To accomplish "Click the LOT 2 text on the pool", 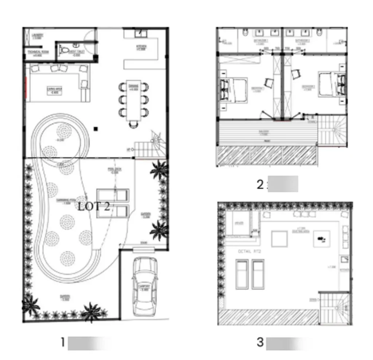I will [94, 206].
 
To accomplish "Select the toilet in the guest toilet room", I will [64, 50].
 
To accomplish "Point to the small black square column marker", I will [95, 128].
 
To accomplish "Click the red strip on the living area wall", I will [25, 87].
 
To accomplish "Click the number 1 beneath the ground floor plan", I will [63, 342].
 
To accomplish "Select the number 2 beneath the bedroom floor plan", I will [260, 185].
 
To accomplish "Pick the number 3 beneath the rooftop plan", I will [260, 342].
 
